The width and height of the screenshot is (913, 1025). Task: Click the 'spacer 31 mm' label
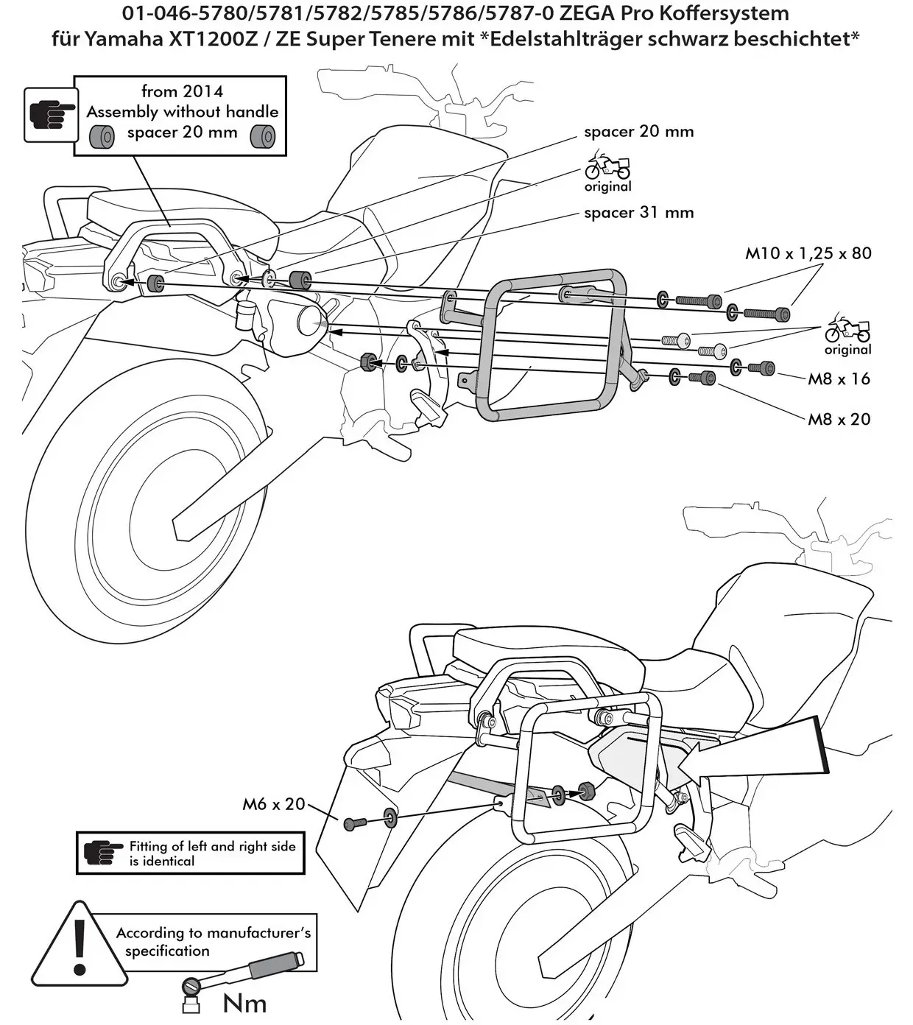point(638,213)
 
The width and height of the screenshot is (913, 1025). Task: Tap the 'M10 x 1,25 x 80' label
point(808,253)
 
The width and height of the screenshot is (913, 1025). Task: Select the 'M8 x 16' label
point(839,378)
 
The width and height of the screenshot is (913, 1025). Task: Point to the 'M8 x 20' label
point(839,419)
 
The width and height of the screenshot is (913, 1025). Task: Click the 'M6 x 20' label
point(273,804)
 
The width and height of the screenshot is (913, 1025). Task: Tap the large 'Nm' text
point(244,1003)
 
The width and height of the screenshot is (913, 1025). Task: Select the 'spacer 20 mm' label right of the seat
point(638,132)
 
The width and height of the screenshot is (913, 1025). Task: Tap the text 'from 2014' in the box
point(182,91)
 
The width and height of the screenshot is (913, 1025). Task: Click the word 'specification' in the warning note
point(166,951)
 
